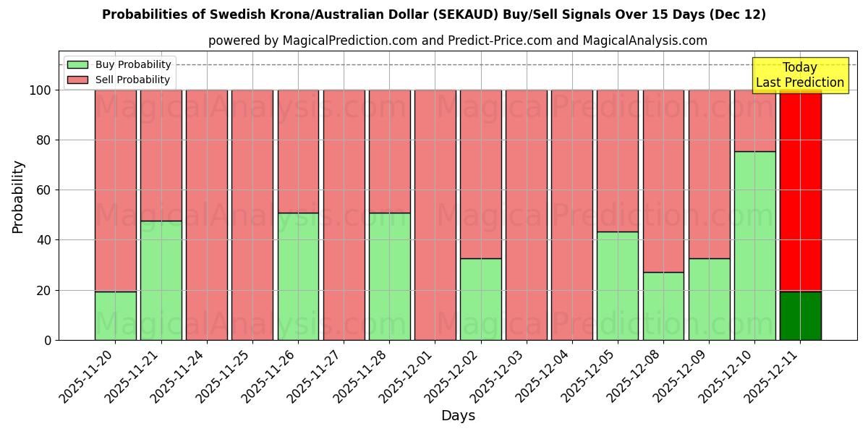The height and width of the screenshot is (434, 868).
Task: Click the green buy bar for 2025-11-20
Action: pos(115,315)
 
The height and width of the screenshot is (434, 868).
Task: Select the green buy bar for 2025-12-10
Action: pos(754,245)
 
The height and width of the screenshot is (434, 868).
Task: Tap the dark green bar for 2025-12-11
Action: pos(800,315)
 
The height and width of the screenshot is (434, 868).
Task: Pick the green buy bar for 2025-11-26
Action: pos(298,276)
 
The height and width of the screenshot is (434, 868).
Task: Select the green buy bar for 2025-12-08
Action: pos(663,306)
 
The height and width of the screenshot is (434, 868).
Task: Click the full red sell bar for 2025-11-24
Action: pos(207,215)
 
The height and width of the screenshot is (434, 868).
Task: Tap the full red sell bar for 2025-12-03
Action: pos(527,215)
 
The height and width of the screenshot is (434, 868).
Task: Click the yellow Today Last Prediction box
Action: pos(799,75)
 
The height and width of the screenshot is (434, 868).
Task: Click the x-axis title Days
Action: pos(458,416)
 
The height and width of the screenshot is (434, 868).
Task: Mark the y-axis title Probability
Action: pos(18,196)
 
